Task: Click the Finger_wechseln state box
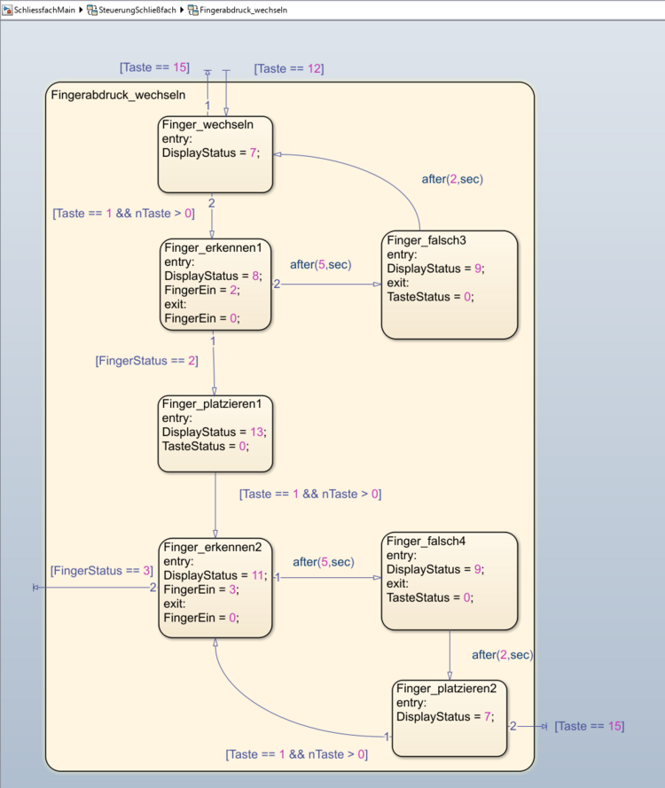tap(215, 154)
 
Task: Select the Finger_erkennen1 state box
tap(215, 283)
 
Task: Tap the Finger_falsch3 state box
tap(449, 284)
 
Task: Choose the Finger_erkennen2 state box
tap(215, 587)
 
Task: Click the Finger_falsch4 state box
tap(449, 580)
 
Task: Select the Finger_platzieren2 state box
tap(450, 718)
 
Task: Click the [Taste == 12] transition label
tap(288, 68)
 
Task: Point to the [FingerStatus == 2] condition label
tap(146, 361)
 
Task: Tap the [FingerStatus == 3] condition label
tap(102, 571)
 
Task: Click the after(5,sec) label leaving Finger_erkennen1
tap(320, 264)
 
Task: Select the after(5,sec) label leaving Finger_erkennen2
tap(324, 561)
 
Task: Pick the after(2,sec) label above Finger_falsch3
tap(452, 178)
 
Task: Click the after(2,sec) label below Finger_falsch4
tap(502, 654)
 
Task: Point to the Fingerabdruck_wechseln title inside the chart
tap(118, 95)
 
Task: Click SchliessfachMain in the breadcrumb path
tap(44, 9)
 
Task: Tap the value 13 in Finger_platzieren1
tap(256, 432)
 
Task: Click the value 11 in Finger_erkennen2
tap(258, 574)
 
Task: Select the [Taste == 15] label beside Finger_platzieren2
tap(589, 726)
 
